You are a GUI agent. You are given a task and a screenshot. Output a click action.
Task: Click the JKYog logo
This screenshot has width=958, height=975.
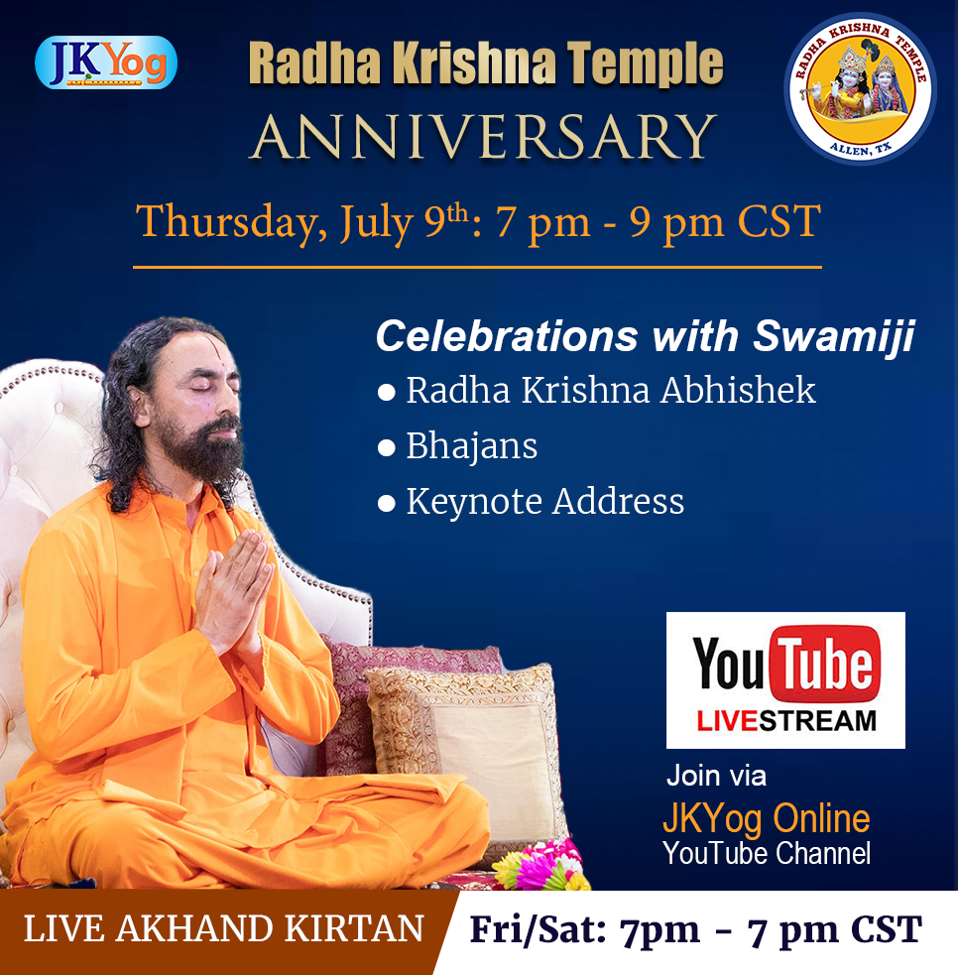point(106,62)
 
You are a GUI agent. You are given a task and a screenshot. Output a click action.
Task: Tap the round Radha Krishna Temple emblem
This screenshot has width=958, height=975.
point(861,89)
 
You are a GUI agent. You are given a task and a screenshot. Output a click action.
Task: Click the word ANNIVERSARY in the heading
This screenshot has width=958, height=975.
point(484,137)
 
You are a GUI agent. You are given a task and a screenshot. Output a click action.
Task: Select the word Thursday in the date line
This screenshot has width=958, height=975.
point(231,222)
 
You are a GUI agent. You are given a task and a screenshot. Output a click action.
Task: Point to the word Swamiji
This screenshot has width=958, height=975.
point(834,336)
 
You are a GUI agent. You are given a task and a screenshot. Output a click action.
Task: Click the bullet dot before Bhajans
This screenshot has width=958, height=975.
point(386,447)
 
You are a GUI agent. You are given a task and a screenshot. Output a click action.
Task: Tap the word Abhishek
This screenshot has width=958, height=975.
point(738,391)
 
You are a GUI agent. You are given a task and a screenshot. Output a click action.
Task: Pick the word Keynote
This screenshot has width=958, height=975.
point(474,502)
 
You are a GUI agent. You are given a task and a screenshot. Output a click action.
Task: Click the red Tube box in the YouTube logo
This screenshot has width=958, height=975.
point(825,665)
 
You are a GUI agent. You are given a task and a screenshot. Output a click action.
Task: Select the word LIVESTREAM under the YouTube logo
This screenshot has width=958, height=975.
point(786,721)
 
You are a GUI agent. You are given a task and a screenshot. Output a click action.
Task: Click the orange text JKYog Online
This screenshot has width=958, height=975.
point(767,819)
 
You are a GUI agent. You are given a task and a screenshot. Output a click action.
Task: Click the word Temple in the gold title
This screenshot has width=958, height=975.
point(645,63)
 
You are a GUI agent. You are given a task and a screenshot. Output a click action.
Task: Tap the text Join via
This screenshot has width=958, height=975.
point(716,776)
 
